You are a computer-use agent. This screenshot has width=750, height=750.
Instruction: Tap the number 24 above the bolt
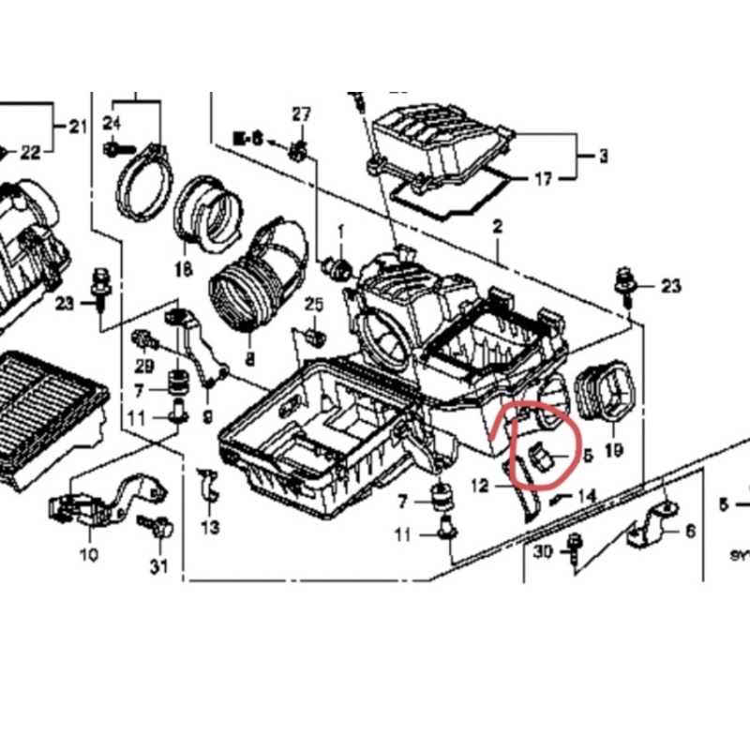click(112, 124)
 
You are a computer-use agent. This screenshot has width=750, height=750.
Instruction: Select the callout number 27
click(300, 114)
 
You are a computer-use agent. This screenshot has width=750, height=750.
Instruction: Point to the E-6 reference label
click(249, 140)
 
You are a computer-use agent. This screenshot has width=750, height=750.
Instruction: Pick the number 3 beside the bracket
click(603, 155)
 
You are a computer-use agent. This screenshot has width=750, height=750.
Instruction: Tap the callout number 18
click(182, 270)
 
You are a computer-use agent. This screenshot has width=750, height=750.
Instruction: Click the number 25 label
click(313, 305)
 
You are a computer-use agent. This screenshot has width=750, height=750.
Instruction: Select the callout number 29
click(143, 365)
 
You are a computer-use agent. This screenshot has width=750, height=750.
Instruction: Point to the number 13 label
click(210, 528)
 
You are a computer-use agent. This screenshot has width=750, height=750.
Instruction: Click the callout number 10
click(88, 555)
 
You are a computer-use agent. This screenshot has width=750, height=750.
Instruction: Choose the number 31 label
click(157, 565)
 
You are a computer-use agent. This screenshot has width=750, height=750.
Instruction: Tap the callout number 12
click(480, 486)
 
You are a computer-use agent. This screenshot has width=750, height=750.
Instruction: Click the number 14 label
click(586, 494)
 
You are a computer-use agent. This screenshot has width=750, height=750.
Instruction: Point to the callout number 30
click(544, 553)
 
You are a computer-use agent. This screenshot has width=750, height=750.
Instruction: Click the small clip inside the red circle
click(543, 457)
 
